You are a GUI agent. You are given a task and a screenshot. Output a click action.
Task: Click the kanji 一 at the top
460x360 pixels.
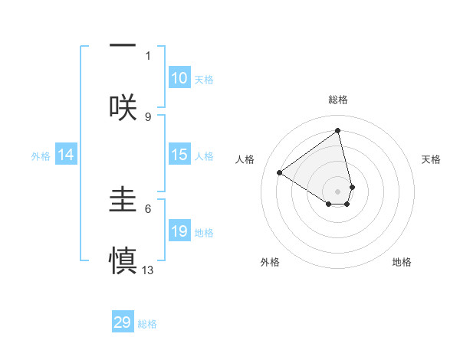click(123, 46)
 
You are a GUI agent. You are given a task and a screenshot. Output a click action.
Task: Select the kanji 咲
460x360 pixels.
click(123, 106)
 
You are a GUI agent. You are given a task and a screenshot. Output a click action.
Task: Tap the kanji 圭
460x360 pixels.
click(123, 198)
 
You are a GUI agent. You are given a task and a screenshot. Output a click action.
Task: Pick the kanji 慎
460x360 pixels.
click(123, 259)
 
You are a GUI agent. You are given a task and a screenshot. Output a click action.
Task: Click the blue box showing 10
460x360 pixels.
click(179, 78)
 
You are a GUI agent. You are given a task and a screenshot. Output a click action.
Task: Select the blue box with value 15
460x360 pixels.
click(179, 155)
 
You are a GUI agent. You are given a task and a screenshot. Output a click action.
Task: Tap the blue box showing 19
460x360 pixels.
click(179, 231)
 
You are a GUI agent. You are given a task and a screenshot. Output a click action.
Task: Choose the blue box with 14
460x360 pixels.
click(66, 155)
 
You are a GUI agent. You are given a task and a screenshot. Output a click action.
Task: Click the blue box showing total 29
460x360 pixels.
click(123, 322)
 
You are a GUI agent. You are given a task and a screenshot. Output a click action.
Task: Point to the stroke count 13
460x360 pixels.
click(148, 270)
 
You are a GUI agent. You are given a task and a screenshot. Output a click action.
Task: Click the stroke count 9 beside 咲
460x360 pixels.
click(148, 116)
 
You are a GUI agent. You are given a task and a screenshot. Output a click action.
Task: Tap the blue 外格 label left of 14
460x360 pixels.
click(41, 156)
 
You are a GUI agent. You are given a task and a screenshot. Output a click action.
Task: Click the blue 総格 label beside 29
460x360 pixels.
click(147, 324)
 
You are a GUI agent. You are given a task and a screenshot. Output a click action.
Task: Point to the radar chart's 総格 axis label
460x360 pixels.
click(338, 100)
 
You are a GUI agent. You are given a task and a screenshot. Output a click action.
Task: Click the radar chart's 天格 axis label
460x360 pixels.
click(431, 159)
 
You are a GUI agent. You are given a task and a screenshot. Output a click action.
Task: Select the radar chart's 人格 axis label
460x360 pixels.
click(245, 159)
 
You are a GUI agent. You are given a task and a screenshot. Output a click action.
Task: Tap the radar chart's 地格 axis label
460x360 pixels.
click(402, 262)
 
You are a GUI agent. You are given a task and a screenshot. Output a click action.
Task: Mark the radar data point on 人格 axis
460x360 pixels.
click(280, 173)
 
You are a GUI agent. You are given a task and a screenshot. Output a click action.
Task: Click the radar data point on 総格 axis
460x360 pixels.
click(338, 130)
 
